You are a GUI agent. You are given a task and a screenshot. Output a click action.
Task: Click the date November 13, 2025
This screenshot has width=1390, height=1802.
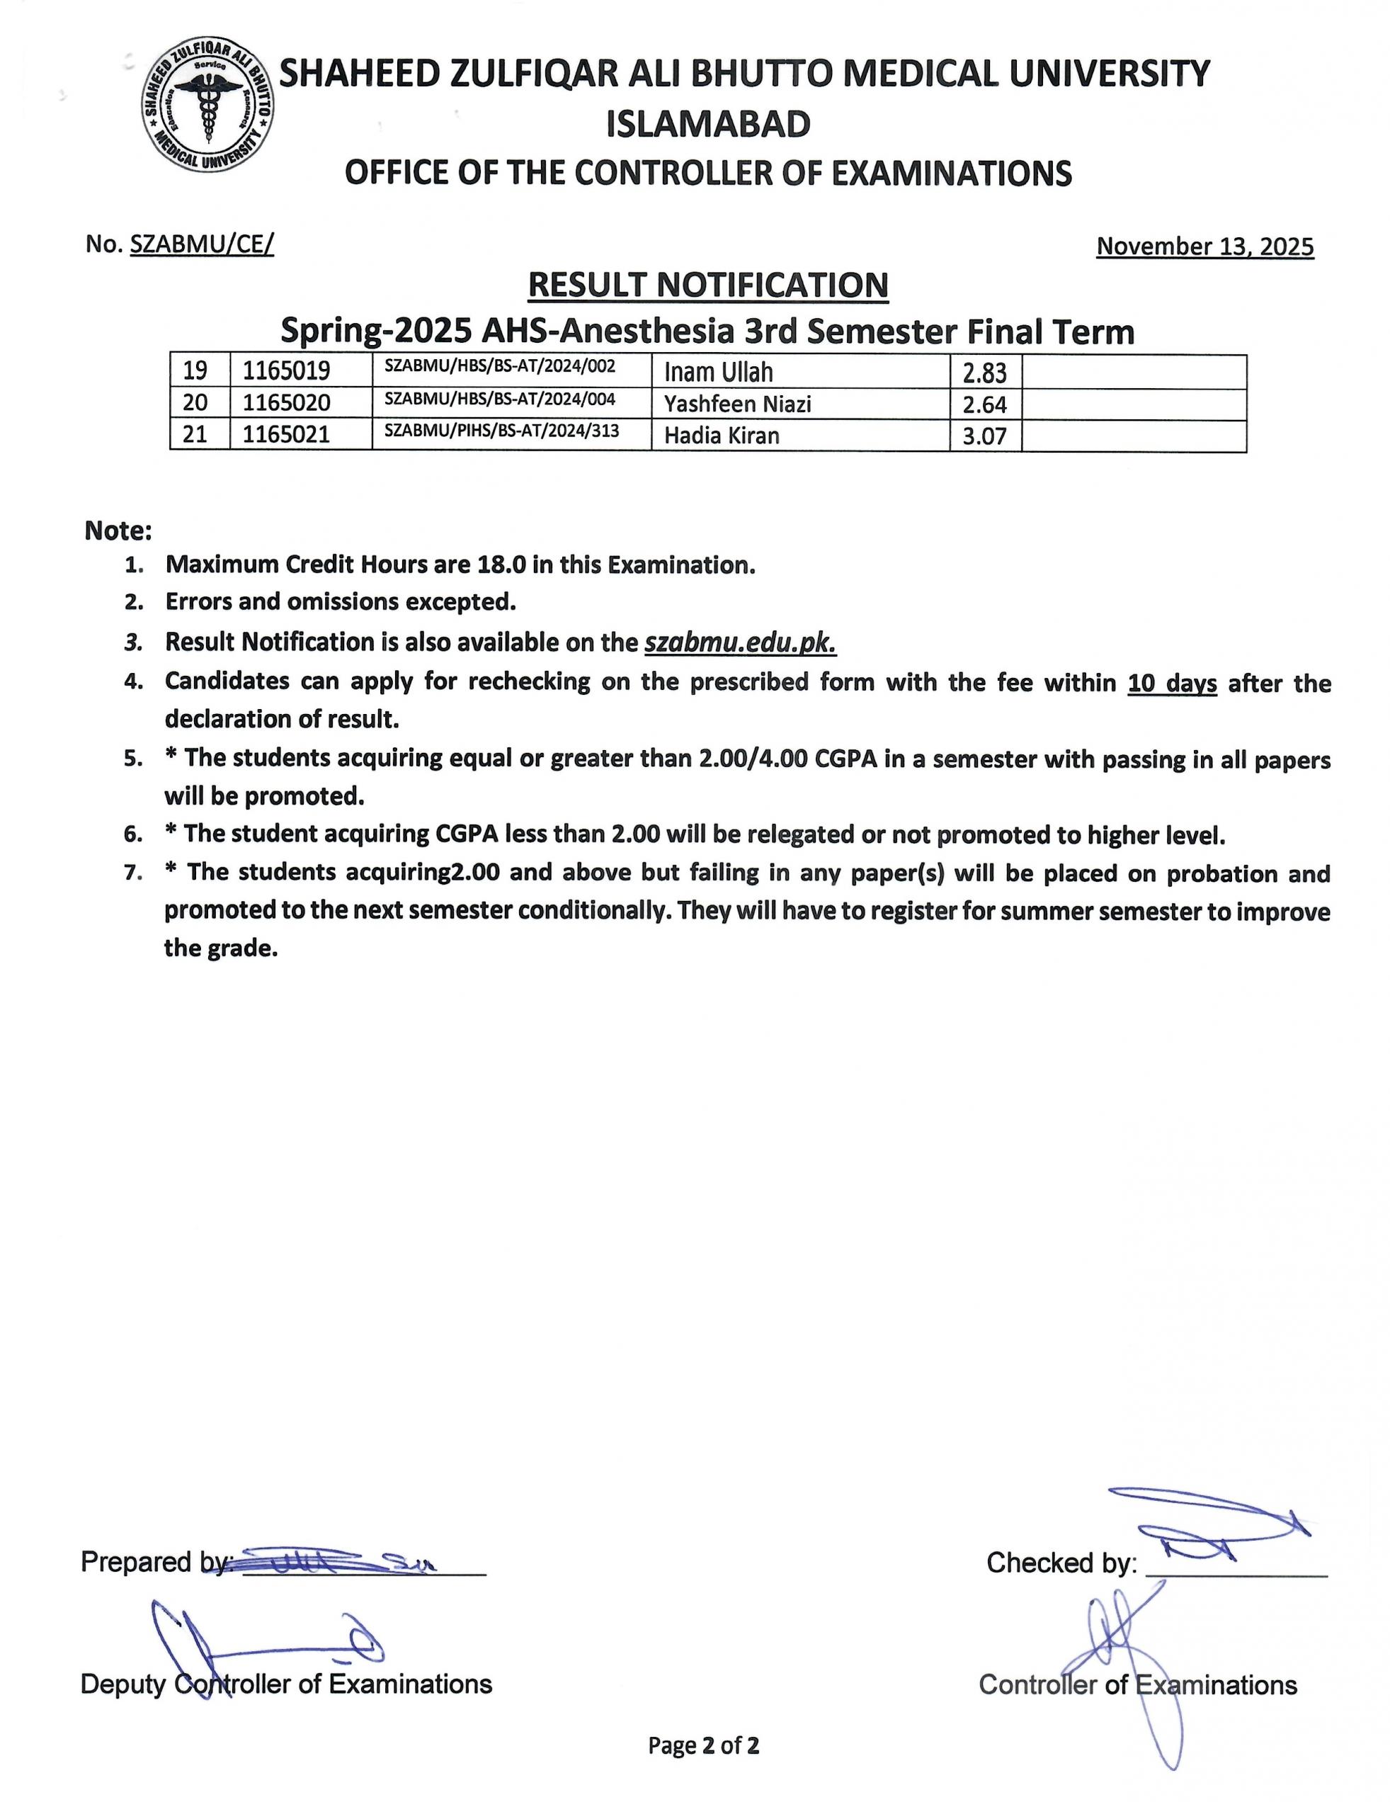click(1204, 246)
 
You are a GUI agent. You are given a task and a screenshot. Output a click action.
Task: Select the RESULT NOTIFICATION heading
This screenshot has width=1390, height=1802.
click(708, 285)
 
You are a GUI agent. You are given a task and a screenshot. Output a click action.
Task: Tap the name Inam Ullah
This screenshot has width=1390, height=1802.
click(718, 372)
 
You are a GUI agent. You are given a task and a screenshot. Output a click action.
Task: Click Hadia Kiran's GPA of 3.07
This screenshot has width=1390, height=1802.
click(984, 436)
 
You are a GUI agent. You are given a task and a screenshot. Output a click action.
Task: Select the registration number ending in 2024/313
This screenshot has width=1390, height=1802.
click(501, 431)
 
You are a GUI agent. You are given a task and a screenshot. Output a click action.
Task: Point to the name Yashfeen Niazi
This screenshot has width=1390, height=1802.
click(737, 404)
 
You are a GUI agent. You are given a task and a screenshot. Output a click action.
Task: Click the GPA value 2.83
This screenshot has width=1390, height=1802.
click(984, 374)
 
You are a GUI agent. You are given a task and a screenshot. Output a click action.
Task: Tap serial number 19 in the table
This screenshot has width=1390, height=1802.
click(195, 371)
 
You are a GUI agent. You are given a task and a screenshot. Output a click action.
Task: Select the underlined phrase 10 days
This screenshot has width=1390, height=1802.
click(1171, 683)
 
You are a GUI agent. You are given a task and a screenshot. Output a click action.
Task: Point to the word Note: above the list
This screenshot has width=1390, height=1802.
click(118, 531)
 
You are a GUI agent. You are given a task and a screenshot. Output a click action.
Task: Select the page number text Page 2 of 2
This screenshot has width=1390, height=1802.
click(703, 1745)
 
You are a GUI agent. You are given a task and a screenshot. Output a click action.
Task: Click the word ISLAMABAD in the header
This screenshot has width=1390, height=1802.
click(708, 125)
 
